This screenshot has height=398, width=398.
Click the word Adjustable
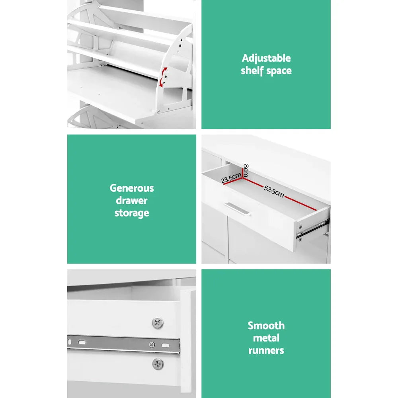(x=266, y=59)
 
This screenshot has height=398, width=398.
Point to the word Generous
(x=131, y=188)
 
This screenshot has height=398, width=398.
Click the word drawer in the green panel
(x=131, y=201)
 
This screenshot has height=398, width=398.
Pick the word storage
(x=131, y=213)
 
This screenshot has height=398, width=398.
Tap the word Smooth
(x=266, y=326)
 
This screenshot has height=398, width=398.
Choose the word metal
(x=266, y=338)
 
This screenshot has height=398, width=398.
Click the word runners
(x=266, y=351)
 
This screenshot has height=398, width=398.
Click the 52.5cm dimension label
(x=274, y=192)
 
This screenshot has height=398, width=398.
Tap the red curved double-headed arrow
(x=163, y=77)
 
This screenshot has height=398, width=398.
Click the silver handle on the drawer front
(x=237, y=209)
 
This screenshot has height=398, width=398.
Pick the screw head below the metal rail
(x=158, y=363)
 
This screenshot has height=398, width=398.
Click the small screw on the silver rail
(x=152, y=345)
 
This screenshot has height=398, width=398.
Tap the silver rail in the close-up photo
(x=119, y=343)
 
